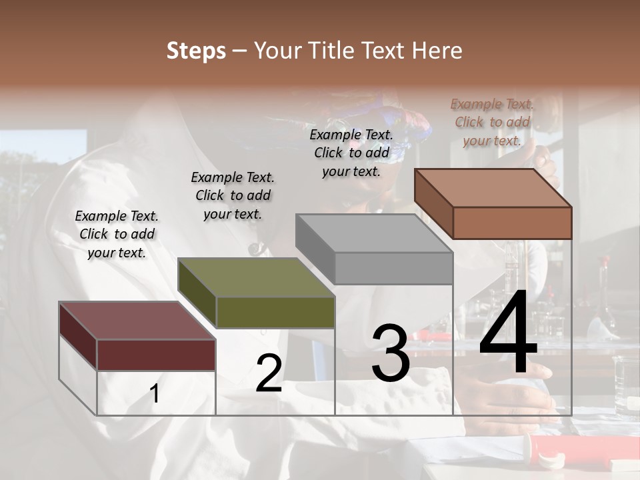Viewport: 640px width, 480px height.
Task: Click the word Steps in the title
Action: point(196,51)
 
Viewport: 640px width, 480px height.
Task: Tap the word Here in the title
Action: point(437,51)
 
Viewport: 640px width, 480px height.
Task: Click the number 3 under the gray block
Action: point(390,353)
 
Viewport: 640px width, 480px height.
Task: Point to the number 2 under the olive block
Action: point(269,373)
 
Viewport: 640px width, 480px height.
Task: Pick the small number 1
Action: point(155,394)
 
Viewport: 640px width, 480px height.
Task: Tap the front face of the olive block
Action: point(275,312)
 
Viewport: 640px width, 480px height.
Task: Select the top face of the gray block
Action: point(373,233)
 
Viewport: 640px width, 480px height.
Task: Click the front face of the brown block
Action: point(512,223)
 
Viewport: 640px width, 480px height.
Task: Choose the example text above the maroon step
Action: point(117,234)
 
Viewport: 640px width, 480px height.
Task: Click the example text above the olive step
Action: point(233,195)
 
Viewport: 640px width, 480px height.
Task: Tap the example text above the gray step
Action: point(351,153)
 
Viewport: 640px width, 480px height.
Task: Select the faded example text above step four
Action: point(492,122)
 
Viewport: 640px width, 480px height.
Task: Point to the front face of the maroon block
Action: point(156,355)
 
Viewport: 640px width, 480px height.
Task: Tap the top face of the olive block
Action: point(255,277)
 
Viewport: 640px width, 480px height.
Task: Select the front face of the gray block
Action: point(393,269)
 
